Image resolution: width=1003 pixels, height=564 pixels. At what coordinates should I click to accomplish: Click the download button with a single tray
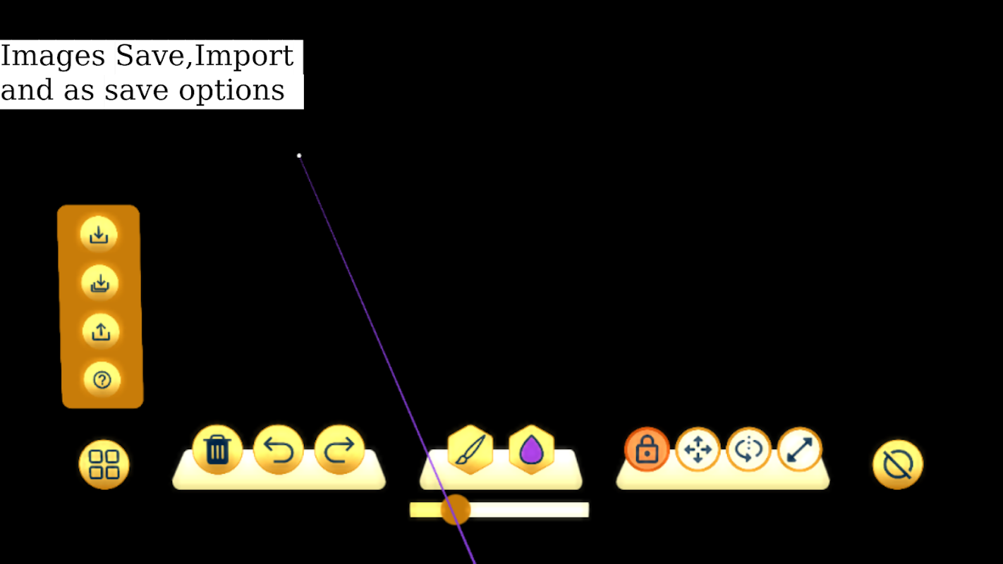point(99,234)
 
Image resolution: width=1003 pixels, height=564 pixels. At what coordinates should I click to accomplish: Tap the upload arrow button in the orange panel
point(101,331)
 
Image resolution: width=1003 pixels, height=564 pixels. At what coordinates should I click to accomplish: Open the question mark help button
point(102,380)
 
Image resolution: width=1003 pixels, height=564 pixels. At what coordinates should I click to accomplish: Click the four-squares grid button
point(104,464)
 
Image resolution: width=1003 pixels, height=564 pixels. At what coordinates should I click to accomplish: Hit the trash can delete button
point(218,449)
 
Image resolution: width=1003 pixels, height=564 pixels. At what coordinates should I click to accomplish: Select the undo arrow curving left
point(278,449)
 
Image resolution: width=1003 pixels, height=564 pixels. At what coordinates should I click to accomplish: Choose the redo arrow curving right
point(339,449)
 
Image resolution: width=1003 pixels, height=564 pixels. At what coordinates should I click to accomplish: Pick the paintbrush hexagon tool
point(470,449)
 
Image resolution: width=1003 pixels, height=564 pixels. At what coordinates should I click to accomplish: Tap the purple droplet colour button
point(532,449)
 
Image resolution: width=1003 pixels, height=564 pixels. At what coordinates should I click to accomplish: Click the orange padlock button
point(647,449)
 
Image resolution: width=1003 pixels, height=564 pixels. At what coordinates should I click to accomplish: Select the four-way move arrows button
point(698,449)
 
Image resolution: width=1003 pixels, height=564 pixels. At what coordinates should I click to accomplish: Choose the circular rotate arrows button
point(748,449)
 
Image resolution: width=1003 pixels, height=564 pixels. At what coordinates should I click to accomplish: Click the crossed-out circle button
point(898,464)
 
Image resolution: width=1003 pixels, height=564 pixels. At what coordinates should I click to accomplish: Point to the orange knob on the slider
point(456,510)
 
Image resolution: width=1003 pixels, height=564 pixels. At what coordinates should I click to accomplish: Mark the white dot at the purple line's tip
point(299,156)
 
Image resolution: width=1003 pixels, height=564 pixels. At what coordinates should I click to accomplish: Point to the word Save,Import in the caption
point(205,56)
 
